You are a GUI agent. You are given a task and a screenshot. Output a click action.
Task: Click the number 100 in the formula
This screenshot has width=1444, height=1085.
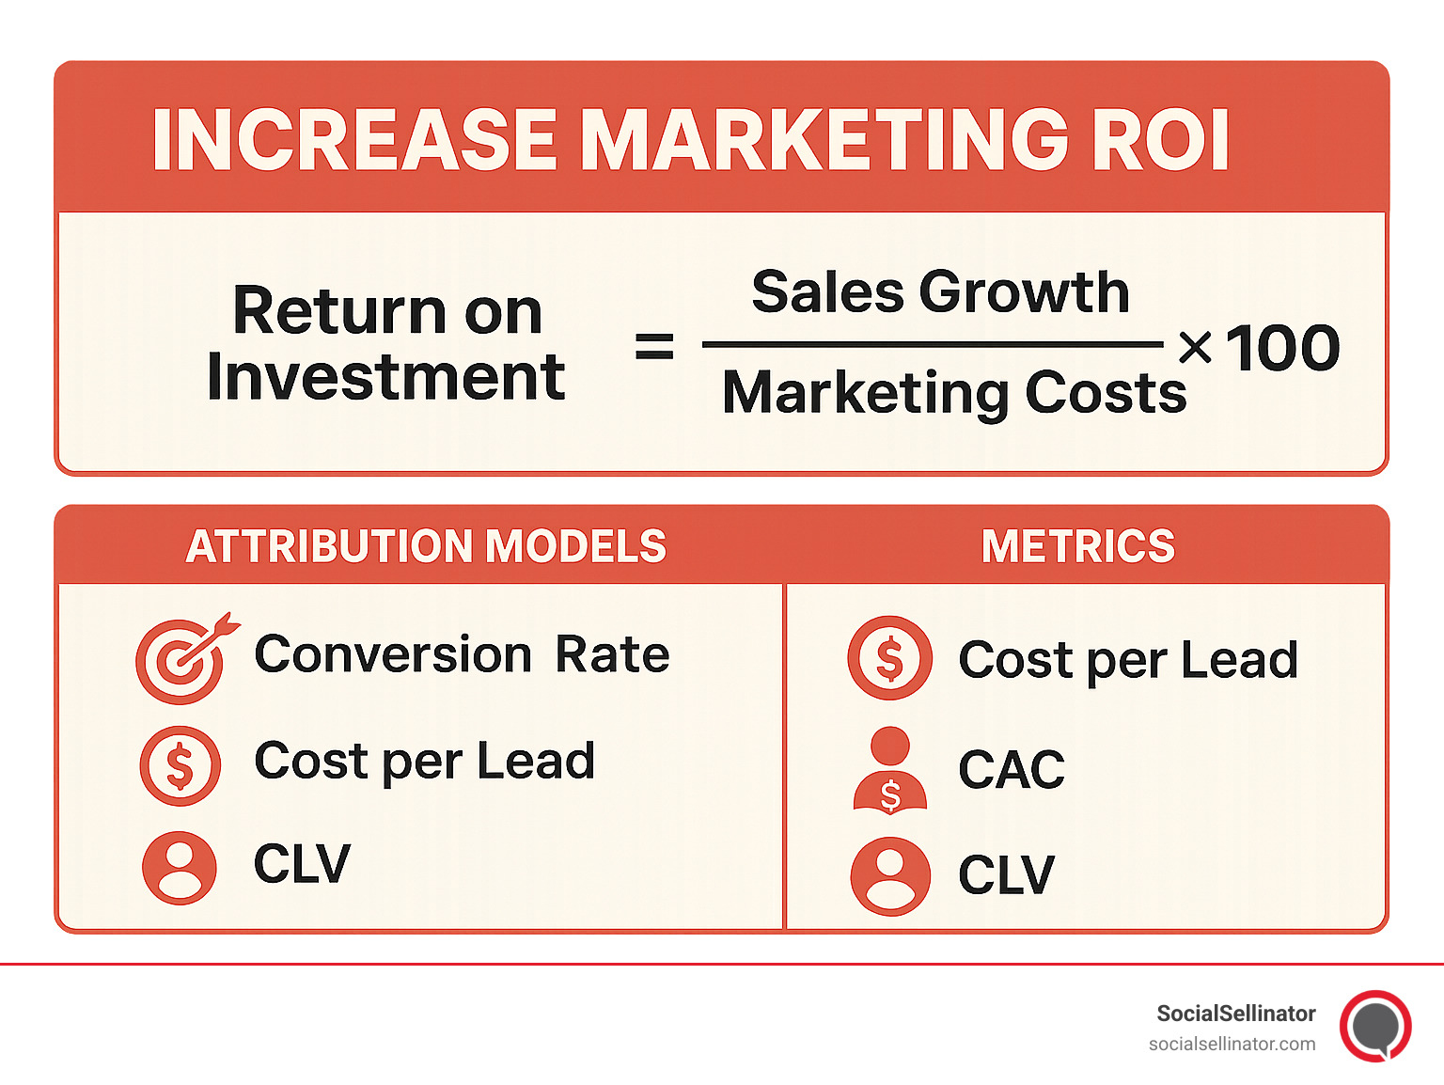click(x=1282, y=348)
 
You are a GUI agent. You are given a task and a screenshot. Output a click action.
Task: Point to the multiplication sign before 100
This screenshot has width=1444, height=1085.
click(x=1195, y=348)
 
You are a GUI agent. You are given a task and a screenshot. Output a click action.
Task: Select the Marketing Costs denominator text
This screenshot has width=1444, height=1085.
click(x=953, y=392)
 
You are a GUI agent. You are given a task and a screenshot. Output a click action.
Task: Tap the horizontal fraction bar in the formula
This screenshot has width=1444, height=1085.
click(x=933, y=344)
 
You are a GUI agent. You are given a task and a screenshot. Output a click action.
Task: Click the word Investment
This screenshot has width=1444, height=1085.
click(x=385, y=377)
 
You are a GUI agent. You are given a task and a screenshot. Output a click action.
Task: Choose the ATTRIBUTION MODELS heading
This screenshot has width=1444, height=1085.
click(x=426, y=546)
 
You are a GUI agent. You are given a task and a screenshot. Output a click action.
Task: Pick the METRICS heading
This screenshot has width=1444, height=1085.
click(x=1078, y=546)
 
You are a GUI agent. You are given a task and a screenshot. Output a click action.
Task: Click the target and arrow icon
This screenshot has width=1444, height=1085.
click(x=183, y=659)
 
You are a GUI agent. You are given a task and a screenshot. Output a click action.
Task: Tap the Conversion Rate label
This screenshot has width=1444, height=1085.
click(x=462, y=654)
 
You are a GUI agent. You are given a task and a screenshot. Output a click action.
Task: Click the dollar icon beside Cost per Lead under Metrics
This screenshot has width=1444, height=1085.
click(x=889, y=658)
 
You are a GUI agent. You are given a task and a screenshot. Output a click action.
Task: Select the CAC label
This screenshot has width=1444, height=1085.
click(x=1012, y=769)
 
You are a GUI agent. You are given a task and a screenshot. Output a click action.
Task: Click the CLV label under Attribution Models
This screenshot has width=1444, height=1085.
click(x=302, y=864)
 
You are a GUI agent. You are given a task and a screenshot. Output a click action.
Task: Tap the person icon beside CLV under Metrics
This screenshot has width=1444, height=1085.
click(x=889, y=876)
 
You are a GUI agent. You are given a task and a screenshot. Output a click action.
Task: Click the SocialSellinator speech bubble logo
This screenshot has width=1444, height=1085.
click(x=1375, y=1026)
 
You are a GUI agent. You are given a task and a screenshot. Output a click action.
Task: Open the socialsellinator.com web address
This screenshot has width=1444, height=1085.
click(x=1232, y=1044)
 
